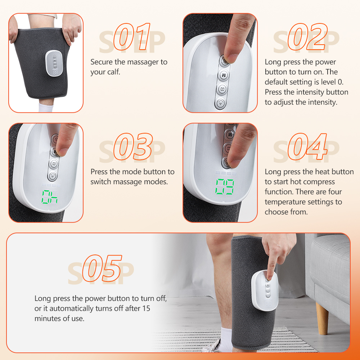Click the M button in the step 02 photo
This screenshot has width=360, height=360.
[x=224, y=75]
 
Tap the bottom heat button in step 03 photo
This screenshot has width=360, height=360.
[x=53, y=176]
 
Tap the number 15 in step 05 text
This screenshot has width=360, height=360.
[x=146, y=309]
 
